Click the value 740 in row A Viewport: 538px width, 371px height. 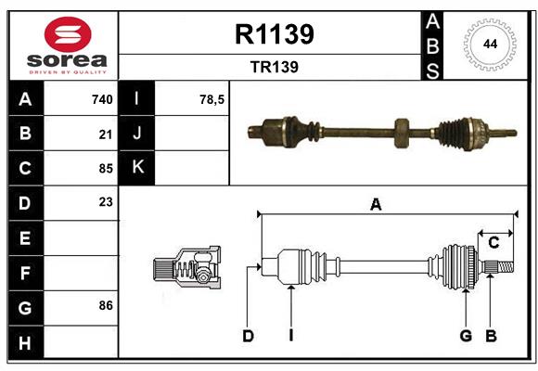pos(102,99)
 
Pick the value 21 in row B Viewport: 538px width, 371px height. pos(105,134)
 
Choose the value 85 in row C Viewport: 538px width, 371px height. pos(105,169)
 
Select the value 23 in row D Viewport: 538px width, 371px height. pos(105,201)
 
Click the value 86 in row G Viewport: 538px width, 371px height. pos(105,305)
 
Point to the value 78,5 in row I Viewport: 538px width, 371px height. pos(212,99)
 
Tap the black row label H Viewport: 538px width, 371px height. pos(25,342)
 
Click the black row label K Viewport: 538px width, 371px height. pos(138,168)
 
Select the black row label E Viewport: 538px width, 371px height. pos(25,238)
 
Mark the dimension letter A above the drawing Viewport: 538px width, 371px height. pos(376,205)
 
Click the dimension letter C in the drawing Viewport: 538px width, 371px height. pos(493,243)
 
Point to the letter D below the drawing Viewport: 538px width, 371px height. pos(248,336)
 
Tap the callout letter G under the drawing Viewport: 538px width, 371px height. pos(466,336)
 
